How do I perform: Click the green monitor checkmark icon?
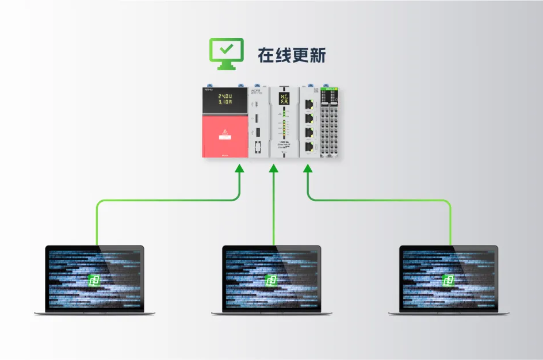click(x=225, y=53)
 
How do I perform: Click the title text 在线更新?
click(x=292, y=55)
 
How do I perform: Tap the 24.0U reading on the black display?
click(x=224, y=96)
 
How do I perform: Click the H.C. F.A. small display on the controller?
click(x=284, y=98)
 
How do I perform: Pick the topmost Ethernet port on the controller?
click(x=310, y=105)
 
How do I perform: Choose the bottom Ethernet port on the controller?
click(x=310, y=146)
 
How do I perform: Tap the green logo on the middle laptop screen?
click(x=271, y=280)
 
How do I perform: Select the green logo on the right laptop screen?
click(x=449, y=280)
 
